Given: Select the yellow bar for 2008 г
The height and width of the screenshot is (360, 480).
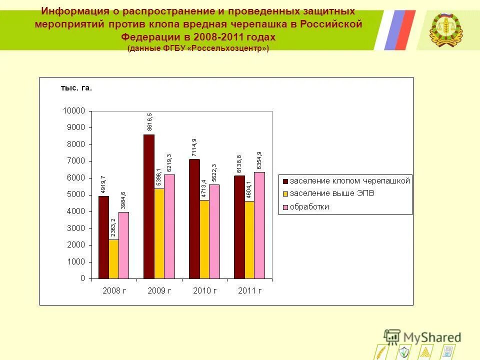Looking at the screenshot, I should point(113,259).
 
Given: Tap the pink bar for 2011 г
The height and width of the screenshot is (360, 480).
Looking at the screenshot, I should point(259,225).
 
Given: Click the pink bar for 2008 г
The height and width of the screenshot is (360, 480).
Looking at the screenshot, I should point(123,245).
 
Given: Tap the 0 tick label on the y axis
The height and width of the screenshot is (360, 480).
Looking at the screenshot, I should point(82,278).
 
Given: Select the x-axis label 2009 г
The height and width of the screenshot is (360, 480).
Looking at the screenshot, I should point(159,290).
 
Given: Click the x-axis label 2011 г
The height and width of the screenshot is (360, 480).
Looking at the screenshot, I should point(249,290).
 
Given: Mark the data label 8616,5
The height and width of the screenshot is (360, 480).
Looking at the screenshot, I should point(149,121).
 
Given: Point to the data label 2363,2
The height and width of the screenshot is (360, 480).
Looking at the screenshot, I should point(113,227).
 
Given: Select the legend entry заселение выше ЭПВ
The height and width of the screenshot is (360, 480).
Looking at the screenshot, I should point(331,193).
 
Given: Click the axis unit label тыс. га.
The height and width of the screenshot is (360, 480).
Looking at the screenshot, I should point(76,88).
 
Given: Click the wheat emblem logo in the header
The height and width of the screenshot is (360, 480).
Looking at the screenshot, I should point(446,29).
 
